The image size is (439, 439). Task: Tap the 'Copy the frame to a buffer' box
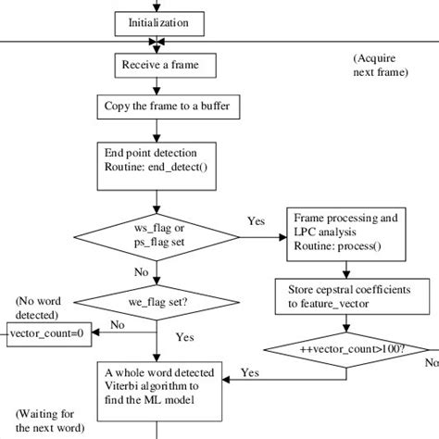pyautogui.click(x=163, y=107)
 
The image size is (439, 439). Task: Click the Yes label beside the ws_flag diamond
pyautogui.click(x=256, y=222)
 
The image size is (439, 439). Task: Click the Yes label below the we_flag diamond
pyautogui.click(x=184, y=337)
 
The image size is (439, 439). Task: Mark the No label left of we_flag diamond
pyautogui.click(x=118, y=326)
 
